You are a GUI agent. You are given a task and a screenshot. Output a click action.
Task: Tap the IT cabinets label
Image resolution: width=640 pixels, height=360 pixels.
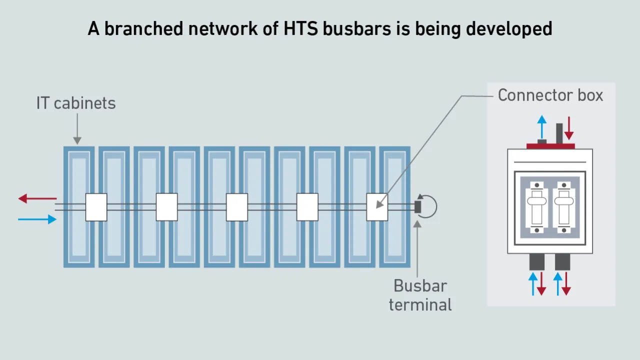(76, 103)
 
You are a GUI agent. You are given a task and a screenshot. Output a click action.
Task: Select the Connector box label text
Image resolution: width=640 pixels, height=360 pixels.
(550, 95)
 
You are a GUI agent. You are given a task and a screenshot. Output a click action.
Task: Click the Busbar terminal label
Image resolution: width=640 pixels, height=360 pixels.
(420, 295)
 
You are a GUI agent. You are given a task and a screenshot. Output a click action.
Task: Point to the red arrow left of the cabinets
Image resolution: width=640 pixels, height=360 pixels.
(37, 198)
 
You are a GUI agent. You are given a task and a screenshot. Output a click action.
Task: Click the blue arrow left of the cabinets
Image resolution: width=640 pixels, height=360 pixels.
(37, 219)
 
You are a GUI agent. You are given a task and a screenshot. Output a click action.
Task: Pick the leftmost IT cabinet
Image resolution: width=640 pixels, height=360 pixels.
(79, 207)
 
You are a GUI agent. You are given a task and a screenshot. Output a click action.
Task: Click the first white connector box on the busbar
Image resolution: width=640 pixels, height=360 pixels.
(96, 207)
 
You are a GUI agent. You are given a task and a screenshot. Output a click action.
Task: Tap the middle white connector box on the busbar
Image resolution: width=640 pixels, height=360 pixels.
(237, 207)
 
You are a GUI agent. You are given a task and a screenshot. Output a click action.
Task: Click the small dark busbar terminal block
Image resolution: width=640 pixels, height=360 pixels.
(418, 206)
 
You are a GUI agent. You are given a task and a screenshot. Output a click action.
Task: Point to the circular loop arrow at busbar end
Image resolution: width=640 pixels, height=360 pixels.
(429, 206)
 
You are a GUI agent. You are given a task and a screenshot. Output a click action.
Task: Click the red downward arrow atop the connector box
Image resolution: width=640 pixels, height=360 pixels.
(568, 128)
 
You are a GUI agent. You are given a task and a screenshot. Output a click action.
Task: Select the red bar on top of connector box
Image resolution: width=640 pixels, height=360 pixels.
(550, 146)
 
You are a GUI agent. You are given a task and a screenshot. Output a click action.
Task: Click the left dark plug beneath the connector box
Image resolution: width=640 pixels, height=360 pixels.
(537, 262)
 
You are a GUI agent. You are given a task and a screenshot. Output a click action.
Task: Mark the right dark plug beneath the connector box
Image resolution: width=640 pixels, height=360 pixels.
(562, 262)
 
